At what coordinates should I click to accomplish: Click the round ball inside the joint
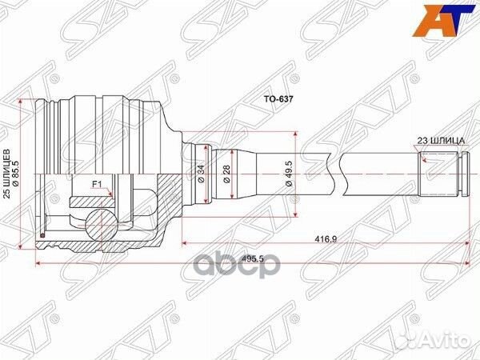99,222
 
